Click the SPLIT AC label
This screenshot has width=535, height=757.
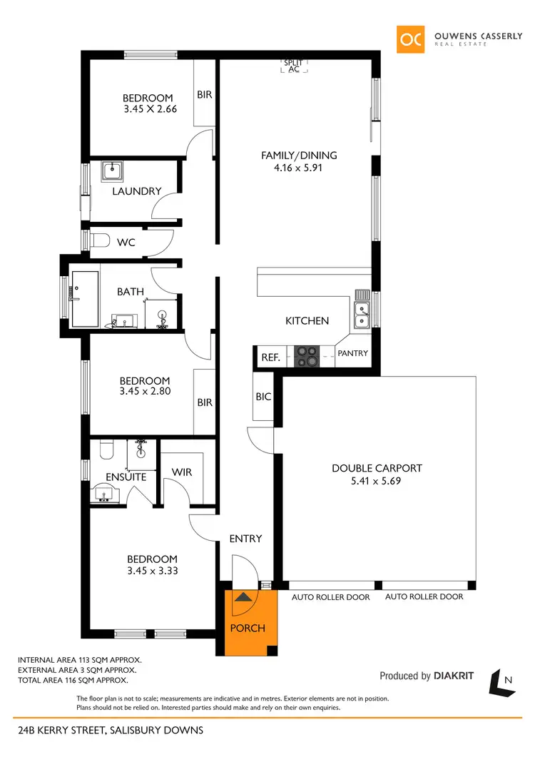point(293,66)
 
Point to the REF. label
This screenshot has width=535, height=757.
point(270,357)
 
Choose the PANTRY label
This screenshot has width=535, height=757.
point(352,353)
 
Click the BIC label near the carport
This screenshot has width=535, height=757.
point(263,397)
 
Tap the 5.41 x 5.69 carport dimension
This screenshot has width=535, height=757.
point(377,482)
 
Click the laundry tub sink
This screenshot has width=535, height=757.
point(112,171)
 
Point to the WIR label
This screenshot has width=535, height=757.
point(182,472)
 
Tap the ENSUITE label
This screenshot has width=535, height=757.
point(126,477)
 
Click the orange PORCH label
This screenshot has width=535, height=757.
point(248,628)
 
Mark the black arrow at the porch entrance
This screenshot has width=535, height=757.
point(243,597)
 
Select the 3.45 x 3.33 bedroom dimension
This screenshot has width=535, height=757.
point(152,571)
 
